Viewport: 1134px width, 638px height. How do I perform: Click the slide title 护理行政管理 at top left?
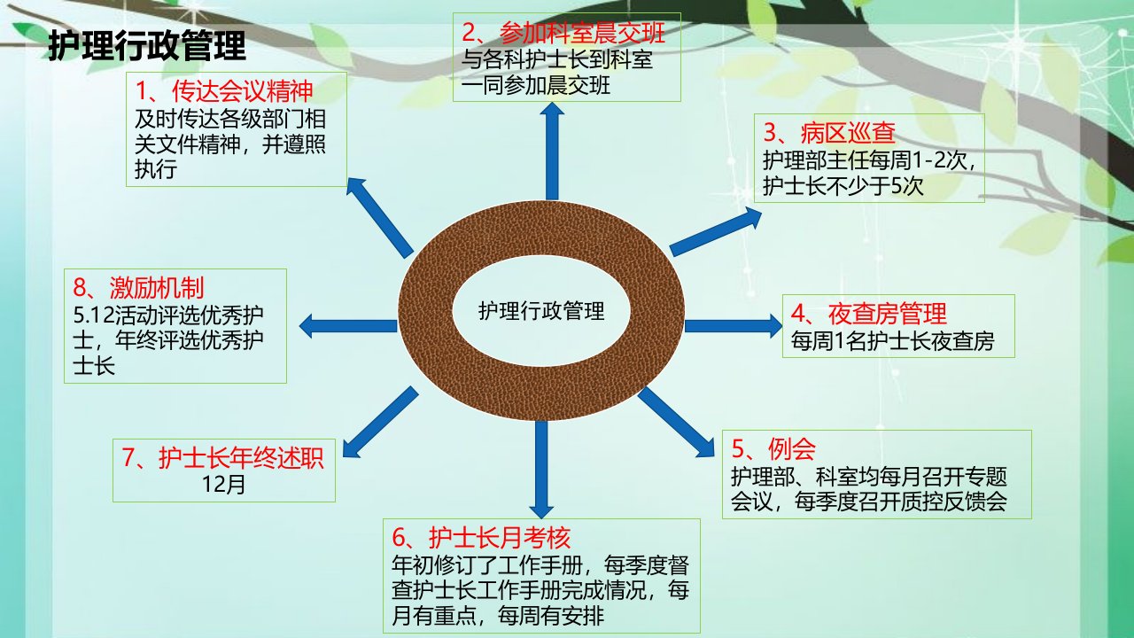click(147, 45)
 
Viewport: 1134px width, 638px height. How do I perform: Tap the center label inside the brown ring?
click(541, 310)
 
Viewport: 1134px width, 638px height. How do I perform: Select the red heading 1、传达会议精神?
click(224, 91)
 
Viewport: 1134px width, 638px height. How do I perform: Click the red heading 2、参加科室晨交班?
click(563, 34)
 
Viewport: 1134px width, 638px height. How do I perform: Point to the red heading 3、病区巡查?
click(829, 133)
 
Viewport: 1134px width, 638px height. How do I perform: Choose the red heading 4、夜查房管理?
click(869, 314)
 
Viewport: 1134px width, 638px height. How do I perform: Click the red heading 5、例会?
click(773, 447)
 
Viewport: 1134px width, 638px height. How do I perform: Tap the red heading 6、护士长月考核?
click(481, 537)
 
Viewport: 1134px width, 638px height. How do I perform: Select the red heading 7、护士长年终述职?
click(222, 458)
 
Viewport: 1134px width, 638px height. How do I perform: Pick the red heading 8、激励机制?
click(138, 288)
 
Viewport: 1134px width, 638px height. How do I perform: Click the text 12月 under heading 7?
click(223, 484)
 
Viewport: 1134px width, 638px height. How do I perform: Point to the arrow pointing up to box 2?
click(552, 151)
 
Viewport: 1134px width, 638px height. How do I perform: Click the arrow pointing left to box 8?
click(348, 325)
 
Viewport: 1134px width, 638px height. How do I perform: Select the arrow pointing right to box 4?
click(734, 325)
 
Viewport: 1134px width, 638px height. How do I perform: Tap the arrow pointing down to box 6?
click(541, 470)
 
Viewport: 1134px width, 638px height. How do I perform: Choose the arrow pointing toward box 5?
click(676, 423)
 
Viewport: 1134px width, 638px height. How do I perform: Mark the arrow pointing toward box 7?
click(380, 423)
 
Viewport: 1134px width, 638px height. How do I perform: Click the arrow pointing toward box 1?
click(380, 218)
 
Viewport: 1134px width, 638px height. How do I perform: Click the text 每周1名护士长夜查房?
click(892, 341)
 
